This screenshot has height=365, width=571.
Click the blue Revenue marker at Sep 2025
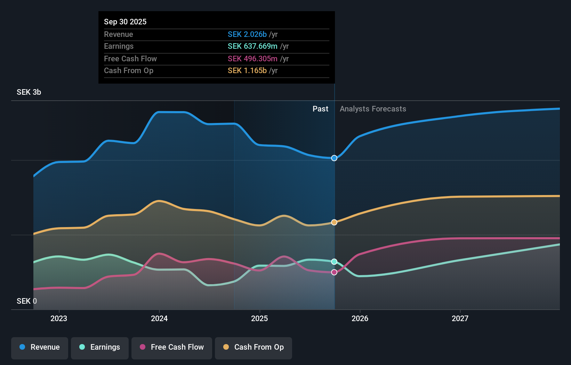tap(334, 158)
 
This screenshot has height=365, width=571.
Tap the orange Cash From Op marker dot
tap(334, 222)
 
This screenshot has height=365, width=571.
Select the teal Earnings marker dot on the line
tap(334, 262)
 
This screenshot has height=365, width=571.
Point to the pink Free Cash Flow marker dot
tap(334, 272)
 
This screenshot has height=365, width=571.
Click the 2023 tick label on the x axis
tap(59, 318)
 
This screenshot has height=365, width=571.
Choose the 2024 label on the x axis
tap(159, 318)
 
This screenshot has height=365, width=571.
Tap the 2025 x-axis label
tap(259, 318)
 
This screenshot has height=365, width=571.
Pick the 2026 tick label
tap(360, 318)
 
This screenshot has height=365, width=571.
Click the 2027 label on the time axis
tap(460, 318)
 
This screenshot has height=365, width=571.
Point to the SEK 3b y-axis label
tap(29, 92)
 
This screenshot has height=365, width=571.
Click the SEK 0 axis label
tap(27, 301)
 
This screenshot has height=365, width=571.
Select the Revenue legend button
tap(40, 347)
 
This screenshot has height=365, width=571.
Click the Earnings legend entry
tap(100, 347)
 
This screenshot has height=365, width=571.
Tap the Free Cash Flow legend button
tap(172, 347)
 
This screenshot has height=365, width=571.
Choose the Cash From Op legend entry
tap(254, 347)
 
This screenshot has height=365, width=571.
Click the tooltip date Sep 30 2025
tap(125, 22)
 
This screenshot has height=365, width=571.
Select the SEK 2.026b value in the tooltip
tap(247, 34)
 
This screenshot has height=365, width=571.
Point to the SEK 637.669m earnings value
tap(252, 46)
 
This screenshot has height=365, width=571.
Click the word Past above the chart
tap(320, 109)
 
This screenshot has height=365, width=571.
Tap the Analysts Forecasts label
tap(373, 109)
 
